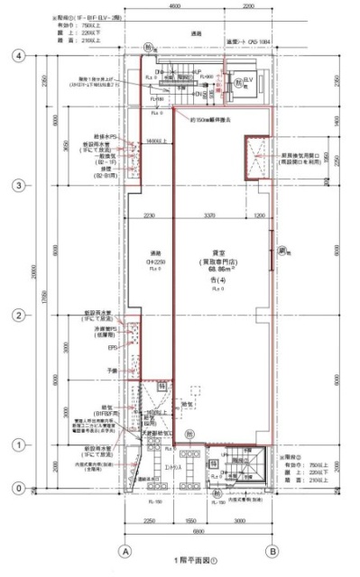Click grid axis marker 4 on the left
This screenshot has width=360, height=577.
(x=15, y=55)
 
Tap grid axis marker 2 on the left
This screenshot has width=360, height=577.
(x=15, y=315)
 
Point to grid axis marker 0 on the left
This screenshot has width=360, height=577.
(x=15, y=488)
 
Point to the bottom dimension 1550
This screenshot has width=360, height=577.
(x=191, y=520)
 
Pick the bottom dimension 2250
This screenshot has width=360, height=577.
(x=149, y=520)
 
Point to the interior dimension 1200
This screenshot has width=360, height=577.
(x=260, y=216)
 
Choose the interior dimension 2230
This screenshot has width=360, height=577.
(x=149, y=216)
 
